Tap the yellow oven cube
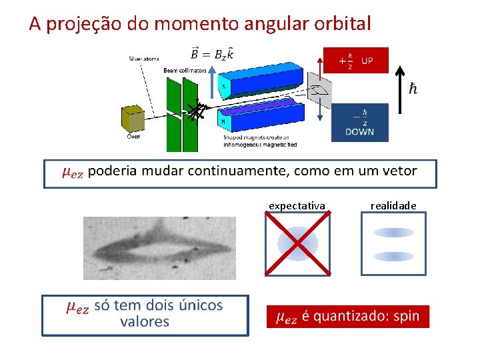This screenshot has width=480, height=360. tap(132, 119)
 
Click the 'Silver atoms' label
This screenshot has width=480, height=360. tap(145, 59)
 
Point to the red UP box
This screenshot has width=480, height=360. tap(355, 60)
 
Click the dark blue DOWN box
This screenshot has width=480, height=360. tap(359, 122)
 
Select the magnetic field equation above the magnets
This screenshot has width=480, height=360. tap(212, 53)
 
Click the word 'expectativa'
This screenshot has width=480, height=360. tap(297, 206)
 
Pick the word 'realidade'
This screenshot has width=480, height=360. tap(393, 206)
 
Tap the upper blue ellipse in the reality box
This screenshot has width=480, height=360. tap(393, 233)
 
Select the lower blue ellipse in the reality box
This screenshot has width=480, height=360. tap(393, 256)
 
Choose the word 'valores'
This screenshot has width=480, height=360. tap(145, 322)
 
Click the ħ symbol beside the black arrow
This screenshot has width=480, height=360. tap(413, 89)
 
